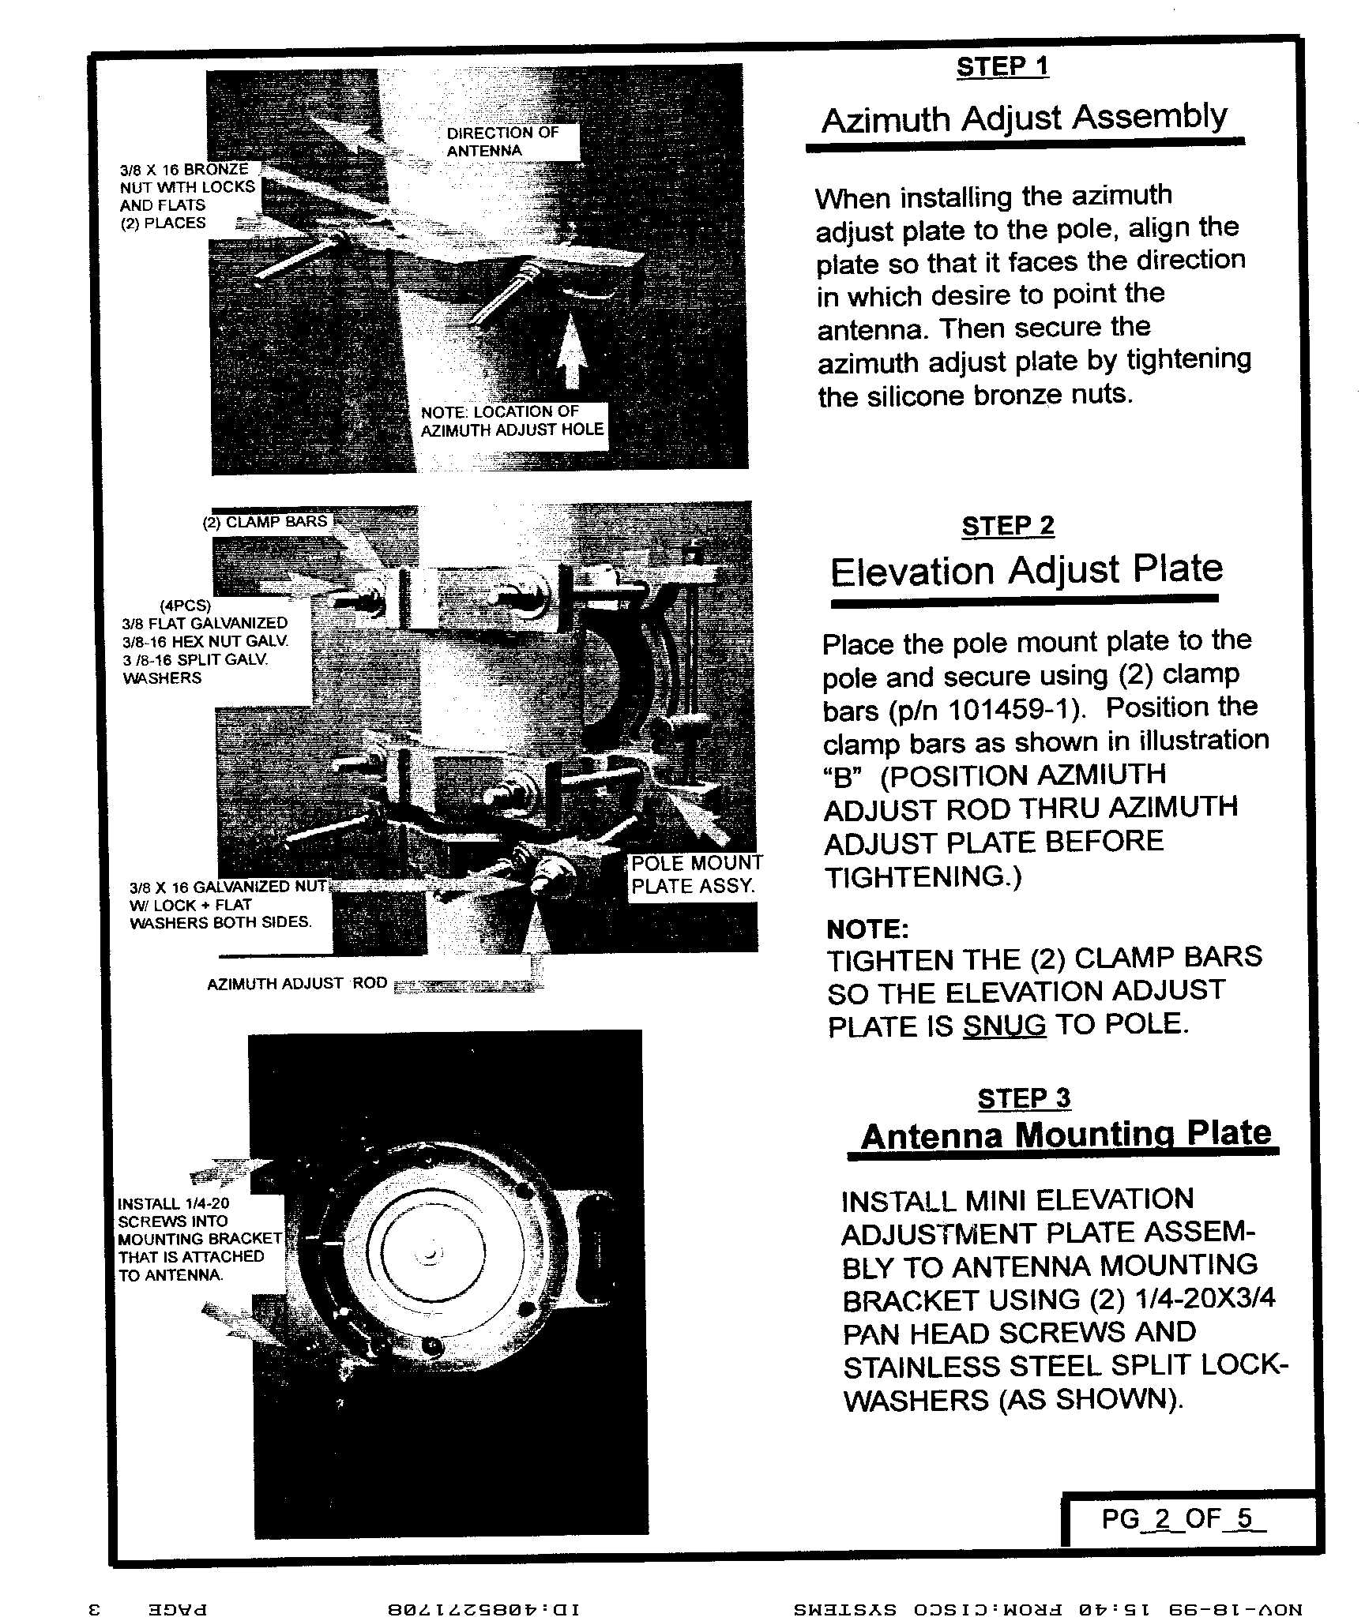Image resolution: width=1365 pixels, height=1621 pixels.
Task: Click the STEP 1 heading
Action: pyautogui.click(x=1002, y=67)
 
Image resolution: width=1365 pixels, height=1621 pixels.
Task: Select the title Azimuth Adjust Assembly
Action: pyautogui.click(x=1024, y=119)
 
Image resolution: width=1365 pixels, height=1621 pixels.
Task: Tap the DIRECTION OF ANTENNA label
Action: pyautogui.click(x=502, y=142)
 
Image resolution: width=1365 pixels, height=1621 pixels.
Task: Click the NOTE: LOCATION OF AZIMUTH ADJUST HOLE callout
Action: pyautogui.click(x=512, y=422)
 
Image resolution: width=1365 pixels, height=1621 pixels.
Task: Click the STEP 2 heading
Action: pyautogui.click(x=1007, y=526)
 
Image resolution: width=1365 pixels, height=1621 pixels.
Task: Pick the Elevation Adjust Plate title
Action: pyautogui.click(x=1026, y=570)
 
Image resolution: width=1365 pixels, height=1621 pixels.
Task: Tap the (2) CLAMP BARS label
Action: pyautogui.click(x=265, y=522)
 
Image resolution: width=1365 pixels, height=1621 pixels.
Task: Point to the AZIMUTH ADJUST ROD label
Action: pyautogui.click(x=297, y=984)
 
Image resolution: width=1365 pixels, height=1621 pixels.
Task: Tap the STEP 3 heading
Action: pyautogui.click(x=1024, y=1098)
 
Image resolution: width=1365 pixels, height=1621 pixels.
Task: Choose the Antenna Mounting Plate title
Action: pyautogui.click(x=1065, y=1135)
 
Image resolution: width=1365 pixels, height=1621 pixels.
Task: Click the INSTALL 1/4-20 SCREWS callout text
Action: pyautogui.click(x=198, y=1239)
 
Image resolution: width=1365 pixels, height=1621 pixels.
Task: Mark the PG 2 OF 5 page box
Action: pyautogui.click(x=1183, y=1518)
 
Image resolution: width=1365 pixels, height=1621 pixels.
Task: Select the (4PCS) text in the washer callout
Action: pyautogui.click(x=186, y=606)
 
